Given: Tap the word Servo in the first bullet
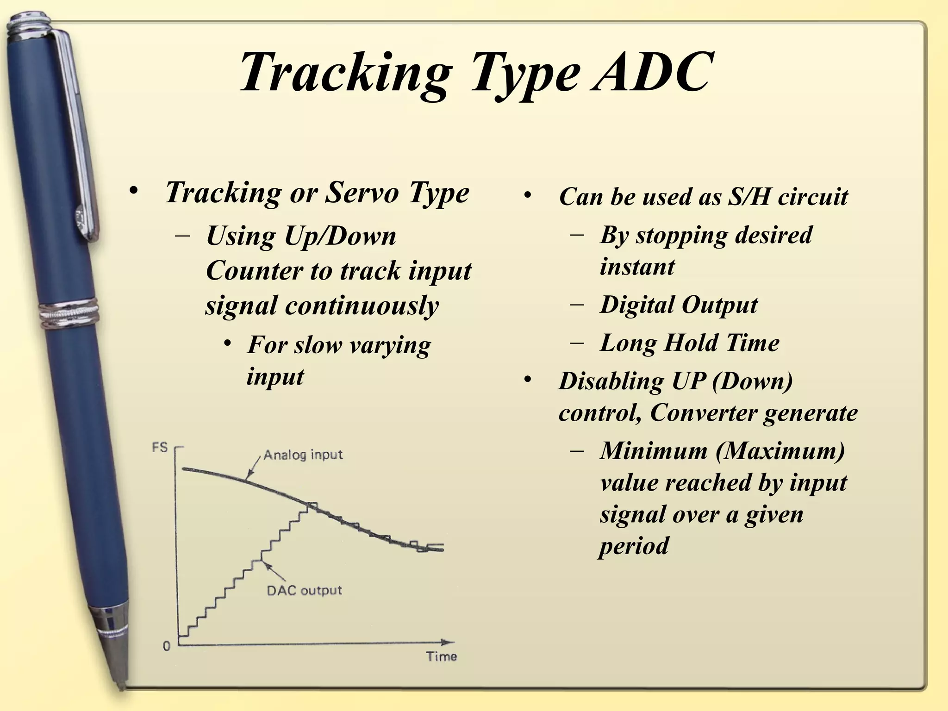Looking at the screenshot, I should tap(362, 192).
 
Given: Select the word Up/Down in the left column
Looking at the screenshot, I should tap(340, 237).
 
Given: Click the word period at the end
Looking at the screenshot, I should tap(634, 546).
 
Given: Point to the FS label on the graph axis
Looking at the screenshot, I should tap(160, 448).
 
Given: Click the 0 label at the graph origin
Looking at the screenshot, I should tap(167, 646).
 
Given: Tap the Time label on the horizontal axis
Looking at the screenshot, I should tap(442, 656).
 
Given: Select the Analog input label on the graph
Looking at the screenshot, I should tap(303, 455).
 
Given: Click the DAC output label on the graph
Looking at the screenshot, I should tap(305, 591).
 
